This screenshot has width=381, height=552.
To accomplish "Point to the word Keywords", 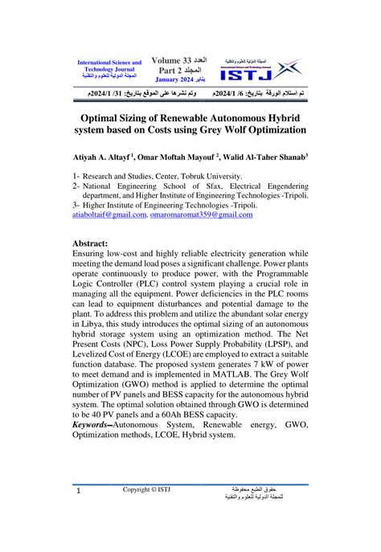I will point(92,423).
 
